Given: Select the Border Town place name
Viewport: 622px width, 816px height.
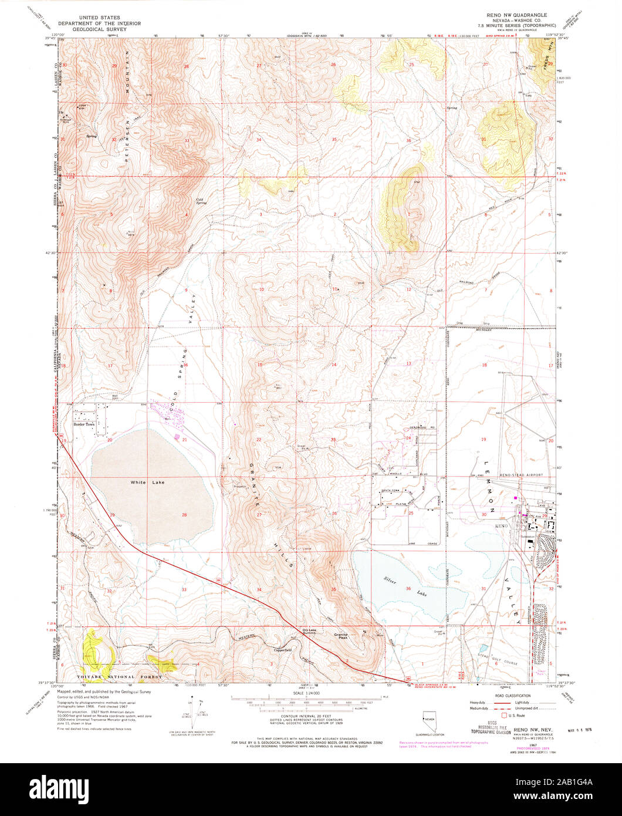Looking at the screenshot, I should [x=83, y=423].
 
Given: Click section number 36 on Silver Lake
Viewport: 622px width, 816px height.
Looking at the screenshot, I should [x=408, y=589].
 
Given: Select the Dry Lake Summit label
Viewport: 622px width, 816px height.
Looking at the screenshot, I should [x=309, y=631].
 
